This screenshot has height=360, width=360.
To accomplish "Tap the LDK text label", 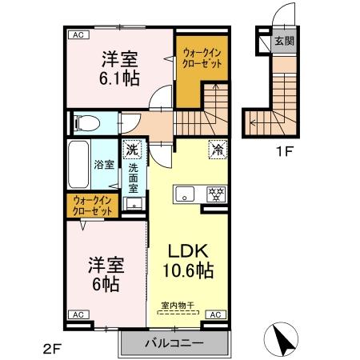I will pos(189,248).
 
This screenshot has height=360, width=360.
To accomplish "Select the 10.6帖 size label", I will pos(190,270).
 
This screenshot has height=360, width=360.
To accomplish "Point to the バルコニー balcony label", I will pos(174,343).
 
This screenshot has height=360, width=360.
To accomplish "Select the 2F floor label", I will pos(54,349).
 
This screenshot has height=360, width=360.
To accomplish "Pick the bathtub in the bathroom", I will pos(78,164).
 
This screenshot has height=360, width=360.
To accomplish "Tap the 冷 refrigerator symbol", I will pos(217,149).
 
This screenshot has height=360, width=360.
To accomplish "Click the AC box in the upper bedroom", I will pos(78,35).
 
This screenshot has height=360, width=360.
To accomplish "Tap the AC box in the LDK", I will pos(214,315).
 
